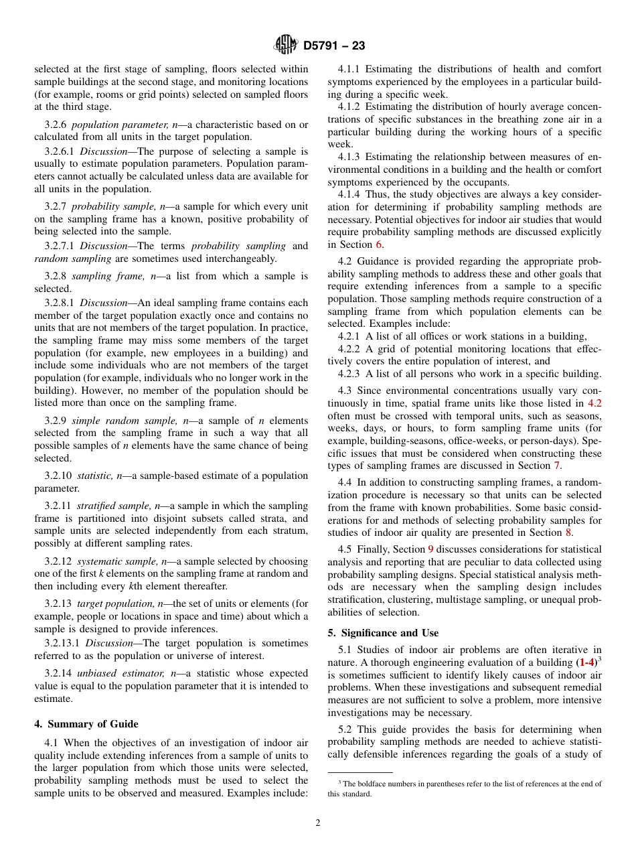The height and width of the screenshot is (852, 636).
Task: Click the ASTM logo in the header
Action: (x=285, y=46)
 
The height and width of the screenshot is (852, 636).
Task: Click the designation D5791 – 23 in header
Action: (x=334, y=46)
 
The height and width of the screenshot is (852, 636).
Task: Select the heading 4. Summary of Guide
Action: (x=86, y=724)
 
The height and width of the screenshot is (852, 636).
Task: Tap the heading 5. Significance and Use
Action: (x=383, y=633)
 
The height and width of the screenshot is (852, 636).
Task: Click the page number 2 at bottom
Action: (x=318, y=823)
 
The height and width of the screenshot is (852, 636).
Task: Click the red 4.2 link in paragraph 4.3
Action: (x=594, y=403)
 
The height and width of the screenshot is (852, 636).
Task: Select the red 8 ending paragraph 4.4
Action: (x=568, y=532)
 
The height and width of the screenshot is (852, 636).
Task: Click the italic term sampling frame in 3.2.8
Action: (x=100, y=276)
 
